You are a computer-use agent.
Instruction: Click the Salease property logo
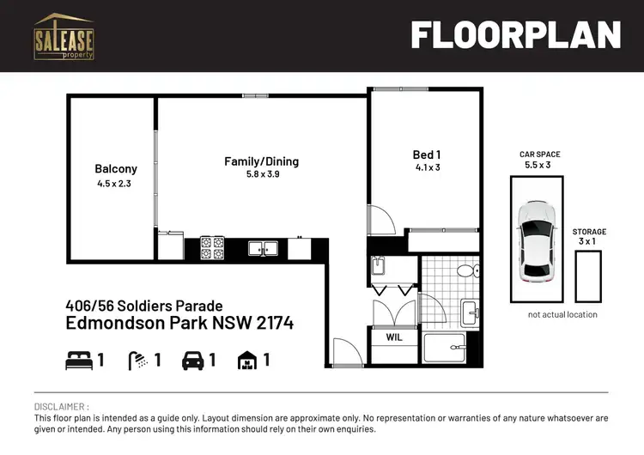(x=64, y=37)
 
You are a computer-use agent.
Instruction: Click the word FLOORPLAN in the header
(x=514, y=35)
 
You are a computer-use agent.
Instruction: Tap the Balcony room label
(x=116, y=169)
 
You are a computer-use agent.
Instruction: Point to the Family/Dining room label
(x=261, y=161)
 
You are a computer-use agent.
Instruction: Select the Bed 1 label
(x=426, y=155)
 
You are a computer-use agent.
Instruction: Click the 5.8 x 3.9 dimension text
(x=262, y=175)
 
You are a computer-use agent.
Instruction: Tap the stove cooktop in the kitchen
(x=211, y=248)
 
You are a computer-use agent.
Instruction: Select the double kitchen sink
(x=262, y=248)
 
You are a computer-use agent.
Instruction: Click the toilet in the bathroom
(x=465, y=272)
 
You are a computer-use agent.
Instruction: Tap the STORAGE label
(x=589, y=232)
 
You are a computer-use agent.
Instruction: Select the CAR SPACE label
(x=539, y=155)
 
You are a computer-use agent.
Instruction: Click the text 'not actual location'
(x=562, y=315)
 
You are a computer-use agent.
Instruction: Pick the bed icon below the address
(x=77, y=361)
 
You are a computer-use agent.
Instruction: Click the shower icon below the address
(x=137, y=361)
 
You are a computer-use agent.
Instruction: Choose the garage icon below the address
(x=247, y=361)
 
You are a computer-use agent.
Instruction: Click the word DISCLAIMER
(x=61, y=406)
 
